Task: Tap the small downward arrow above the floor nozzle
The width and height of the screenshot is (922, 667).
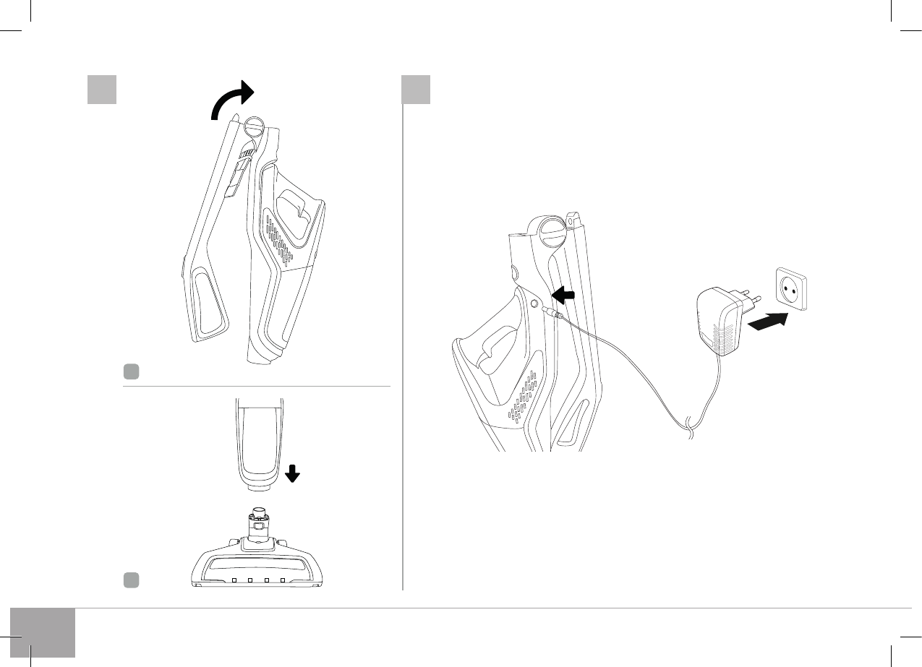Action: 293,473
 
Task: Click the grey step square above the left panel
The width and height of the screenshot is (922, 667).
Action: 102,90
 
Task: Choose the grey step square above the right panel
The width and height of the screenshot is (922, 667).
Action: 416,90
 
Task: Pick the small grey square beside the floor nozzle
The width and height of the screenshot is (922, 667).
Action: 130,579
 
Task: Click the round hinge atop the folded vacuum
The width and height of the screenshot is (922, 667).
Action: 255,127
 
